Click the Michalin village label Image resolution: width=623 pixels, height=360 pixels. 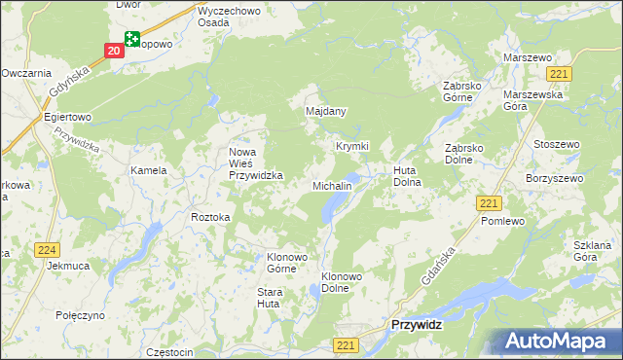(331, 185)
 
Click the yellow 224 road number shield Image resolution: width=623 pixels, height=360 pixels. (46, 250)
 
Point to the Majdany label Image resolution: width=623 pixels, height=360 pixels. (326, 113)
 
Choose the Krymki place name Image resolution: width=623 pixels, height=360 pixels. (352, 146)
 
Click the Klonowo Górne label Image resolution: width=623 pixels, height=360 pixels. (287, 264)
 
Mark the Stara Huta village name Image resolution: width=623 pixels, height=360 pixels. (269, 298)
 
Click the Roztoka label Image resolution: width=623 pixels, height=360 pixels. (210, 217)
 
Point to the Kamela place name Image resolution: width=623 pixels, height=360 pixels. (149, 170)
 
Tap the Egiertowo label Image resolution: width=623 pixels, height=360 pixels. (67, 117)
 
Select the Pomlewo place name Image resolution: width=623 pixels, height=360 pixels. (503, 221)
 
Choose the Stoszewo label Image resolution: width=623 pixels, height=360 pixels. (557, 144)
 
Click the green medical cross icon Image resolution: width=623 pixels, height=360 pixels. (130, 39)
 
